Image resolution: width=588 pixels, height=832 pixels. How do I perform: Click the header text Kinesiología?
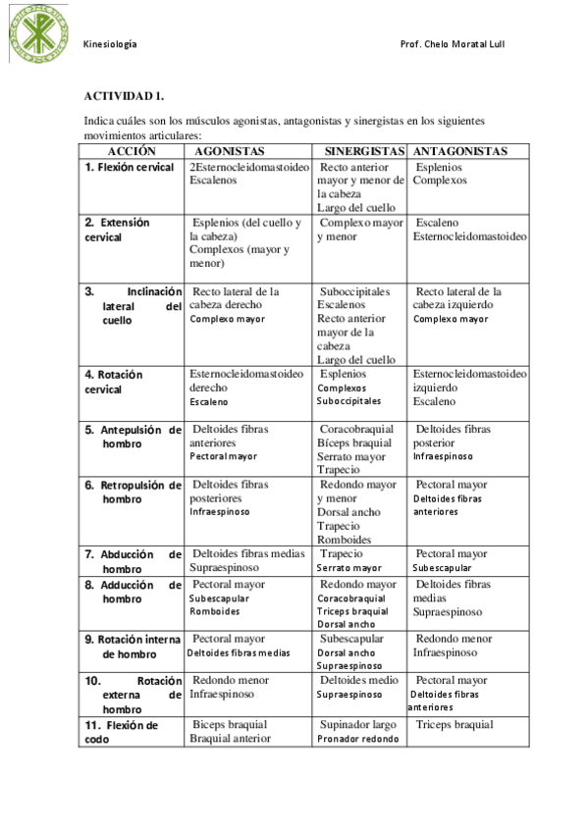[110, 45]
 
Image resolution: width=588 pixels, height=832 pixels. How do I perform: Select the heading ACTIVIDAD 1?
[123, 96]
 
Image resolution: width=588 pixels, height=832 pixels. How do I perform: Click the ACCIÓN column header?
[132, 151]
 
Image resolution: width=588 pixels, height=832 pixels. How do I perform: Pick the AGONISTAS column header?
[229, 151]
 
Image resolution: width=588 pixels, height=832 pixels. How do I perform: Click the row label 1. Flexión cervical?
[129, 168]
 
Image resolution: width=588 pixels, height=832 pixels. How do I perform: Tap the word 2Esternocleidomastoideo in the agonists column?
[248, 168]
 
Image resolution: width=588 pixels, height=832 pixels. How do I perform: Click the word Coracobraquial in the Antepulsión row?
[356, 430]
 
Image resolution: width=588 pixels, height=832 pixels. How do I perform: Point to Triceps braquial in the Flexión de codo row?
[454, 725]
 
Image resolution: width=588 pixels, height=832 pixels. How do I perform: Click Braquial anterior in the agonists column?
[230, 739]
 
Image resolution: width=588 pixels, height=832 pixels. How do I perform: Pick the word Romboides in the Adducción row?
[214, 611]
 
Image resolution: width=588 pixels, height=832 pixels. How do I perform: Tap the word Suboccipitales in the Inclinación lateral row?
[354, 291]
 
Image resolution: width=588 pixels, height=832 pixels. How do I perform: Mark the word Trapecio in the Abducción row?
[341, 554]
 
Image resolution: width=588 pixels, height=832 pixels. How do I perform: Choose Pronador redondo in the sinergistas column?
[357, 739]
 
